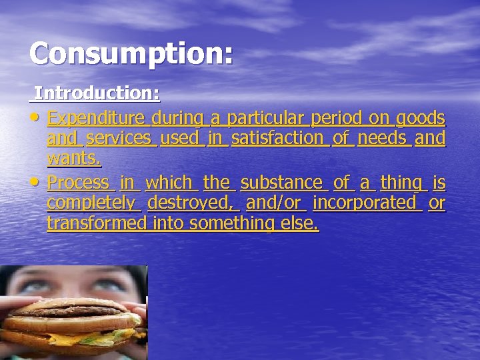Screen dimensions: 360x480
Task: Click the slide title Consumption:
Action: point(131,53)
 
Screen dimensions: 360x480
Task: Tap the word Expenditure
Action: point(97,119)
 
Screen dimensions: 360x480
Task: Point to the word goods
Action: point(420,119)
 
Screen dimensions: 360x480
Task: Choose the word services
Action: point(119,138)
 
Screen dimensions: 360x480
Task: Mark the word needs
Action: point(382,138)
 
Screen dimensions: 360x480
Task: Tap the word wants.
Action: point(74,158)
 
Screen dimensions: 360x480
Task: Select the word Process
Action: point(78,182)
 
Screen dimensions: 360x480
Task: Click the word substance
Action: point(281,182)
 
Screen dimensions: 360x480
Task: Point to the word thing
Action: point(401,183)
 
